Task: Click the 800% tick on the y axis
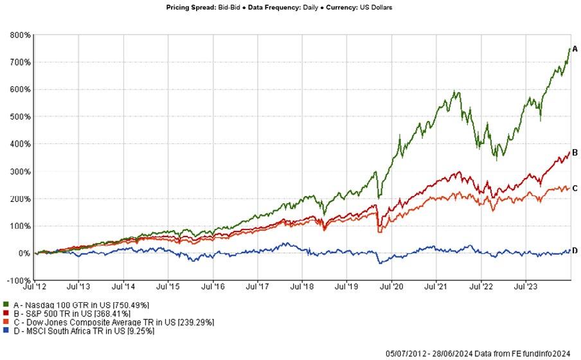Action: click(20, 35)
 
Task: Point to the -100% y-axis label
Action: click(18, 280)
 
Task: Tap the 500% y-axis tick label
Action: click(20, 117)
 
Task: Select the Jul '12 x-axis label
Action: click(35, 287)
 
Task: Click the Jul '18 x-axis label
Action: click(302, 287)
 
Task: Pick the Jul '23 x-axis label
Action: click(526, 287)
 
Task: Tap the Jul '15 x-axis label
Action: click(168, 287)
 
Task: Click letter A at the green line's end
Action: click(575, 49)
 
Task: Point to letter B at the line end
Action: click(575, 152)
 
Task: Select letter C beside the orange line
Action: click(575, 188)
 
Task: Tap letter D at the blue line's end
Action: click(575, 251)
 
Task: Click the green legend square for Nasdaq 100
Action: click(6, 304)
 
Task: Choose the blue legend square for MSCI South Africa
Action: click(6, 330)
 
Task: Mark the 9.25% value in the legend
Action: click(141, 331)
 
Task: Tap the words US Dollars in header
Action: click(376, 8)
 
